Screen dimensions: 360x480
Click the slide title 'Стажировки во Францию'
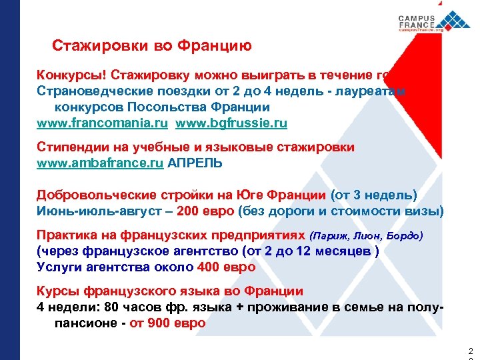[x=152, y=46]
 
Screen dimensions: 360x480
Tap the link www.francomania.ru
[x=103, y=123]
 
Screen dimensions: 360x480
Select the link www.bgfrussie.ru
[x=231, y=123]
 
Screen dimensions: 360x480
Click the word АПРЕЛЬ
[x=195, y=163]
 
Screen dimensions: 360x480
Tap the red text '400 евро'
[x=227, y=267]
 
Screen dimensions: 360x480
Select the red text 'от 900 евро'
[x=168, y=323]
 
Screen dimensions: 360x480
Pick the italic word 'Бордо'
[x=405, y=236]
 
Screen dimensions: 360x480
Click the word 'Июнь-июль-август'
[x=93, y=211]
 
